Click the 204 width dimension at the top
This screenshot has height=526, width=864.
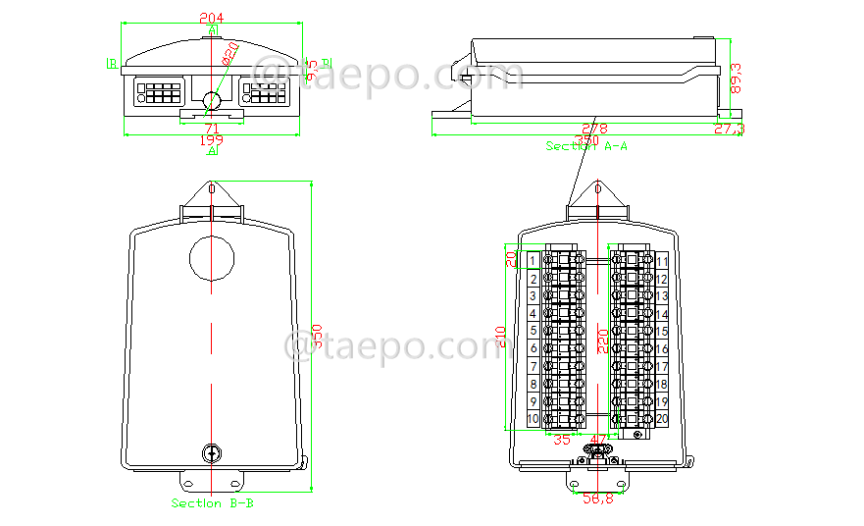pyautogui.click(x=210, y=18)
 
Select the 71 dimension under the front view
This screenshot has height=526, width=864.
pyautogui.click(x=211, y=129)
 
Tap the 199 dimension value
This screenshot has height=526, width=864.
pyautogui.click(x=211, y=141)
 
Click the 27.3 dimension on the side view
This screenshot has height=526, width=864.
pyautogui.click(x=728, y=129)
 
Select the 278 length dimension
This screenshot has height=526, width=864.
pyautogui.click(x=594, y=129)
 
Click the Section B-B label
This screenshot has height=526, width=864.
pyautogui.click(x=213, y=503)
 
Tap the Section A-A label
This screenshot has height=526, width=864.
pyautogui.click(x=586, y=146)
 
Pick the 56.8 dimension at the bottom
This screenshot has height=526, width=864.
pyautogui.click(x=598, y=499)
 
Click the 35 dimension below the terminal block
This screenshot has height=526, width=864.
pyautogui.click(x=562, y=441)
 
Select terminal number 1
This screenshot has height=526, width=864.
pyautogui.click(x=533, y=260)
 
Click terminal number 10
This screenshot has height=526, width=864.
pyautogui.click(x=533, y=419)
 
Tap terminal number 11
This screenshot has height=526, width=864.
pyautogui.click(x=662, y=261)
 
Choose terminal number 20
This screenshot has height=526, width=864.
pyautogui.click(x=662, y=419)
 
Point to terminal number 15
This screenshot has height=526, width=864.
pyautogui.click(x=662, y=332)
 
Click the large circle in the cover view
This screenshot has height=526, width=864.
pyautogui.click(x=212, y=257)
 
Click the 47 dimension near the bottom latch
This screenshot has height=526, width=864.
pyautogui.click(x=600, y=441)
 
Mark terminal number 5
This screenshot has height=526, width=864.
pyautogui.click(x=533, y=331)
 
